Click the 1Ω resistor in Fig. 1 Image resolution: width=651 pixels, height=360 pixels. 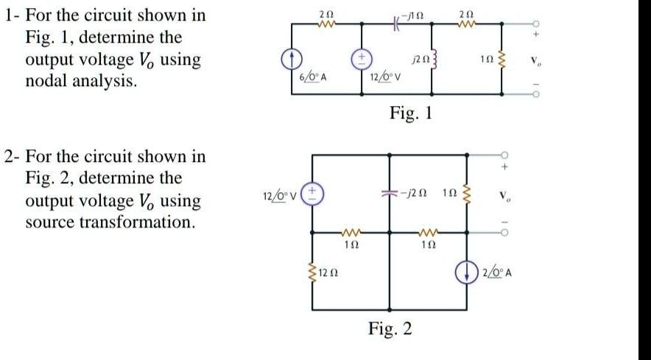502,58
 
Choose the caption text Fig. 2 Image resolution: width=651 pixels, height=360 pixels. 392,328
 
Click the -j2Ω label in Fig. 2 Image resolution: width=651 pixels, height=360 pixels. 415,194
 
